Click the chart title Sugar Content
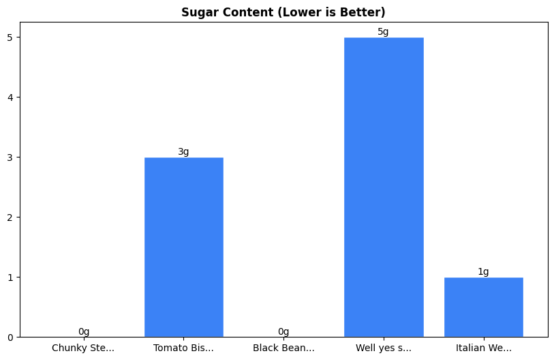[x=283, y=12]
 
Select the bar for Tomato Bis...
[x=184, y=247]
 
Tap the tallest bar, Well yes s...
[x=384, y=187]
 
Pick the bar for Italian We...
[x=483, y=307]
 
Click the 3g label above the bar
[x=184, y=152]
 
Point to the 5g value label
[x=384, y=32]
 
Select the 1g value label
[x=483, y=272]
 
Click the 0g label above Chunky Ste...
[x=84, y=332]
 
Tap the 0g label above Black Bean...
[x=283, y=332]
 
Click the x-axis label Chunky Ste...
[x=83, y=348]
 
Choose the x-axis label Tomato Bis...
[x=183, y=348]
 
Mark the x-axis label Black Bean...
[x=283, y=348]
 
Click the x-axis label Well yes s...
[x=384, y=348]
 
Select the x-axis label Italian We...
[x=483, y=348]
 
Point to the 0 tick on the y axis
[x=10, y=337]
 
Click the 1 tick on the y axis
[x=10, y=277]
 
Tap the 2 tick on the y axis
[x=10, y=217]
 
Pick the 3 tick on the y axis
[x=10, y=157]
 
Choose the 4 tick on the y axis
[x=10, y=97]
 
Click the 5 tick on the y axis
[x=10, y=37]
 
